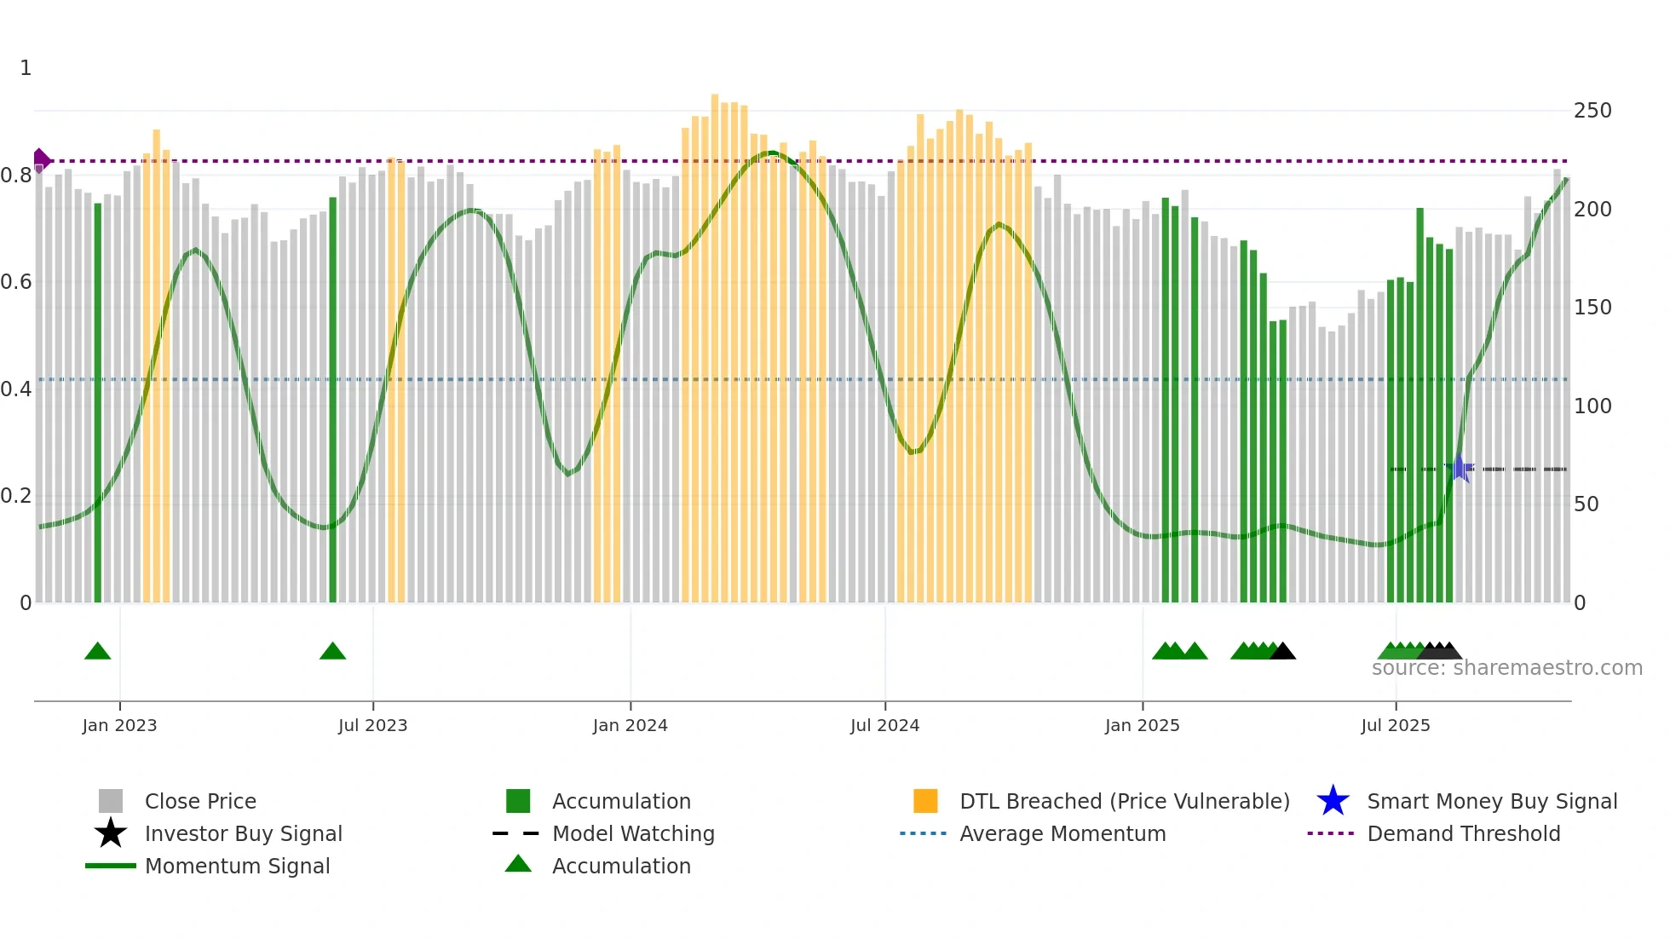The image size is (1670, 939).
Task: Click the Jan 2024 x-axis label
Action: pos(630,725)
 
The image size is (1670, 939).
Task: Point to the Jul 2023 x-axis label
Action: pos(372,725)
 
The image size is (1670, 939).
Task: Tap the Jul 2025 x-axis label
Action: pos(1395,725)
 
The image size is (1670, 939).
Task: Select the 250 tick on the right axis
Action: pos(1592,111)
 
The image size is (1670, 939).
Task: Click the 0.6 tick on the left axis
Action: pos(16,282)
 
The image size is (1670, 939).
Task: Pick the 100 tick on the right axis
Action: pos(1592,406)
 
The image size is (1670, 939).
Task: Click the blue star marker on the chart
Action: pos(1460,468)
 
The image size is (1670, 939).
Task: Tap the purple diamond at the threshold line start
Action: pos(41,160)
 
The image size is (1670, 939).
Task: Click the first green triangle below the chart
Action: pos(98,652)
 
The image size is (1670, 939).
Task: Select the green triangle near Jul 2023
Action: pos(332,652)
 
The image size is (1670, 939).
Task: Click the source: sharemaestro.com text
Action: pos(1506,668)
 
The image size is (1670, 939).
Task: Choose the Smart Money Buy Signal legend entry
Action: pos(1491,801)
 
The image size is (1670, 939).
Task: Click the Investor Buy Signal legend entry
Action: pos(243,833)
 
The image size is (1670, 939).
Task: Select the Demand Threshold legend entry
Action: pos(1463,833)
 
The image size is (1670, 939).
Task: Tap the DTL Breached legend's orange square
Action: pos(925,801)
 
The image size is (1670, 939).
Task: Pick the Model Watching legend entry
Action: pos(632,833)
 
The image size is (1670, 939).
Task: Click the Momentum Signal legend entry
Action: pos(237,866)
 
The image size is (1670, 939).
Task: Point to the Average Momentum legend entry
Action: pos(1062,833)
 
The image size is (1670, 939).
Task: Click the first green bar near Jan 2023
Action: pos(98,400)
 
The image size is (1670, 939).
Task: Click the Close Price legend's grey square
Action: pos(111,801)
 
